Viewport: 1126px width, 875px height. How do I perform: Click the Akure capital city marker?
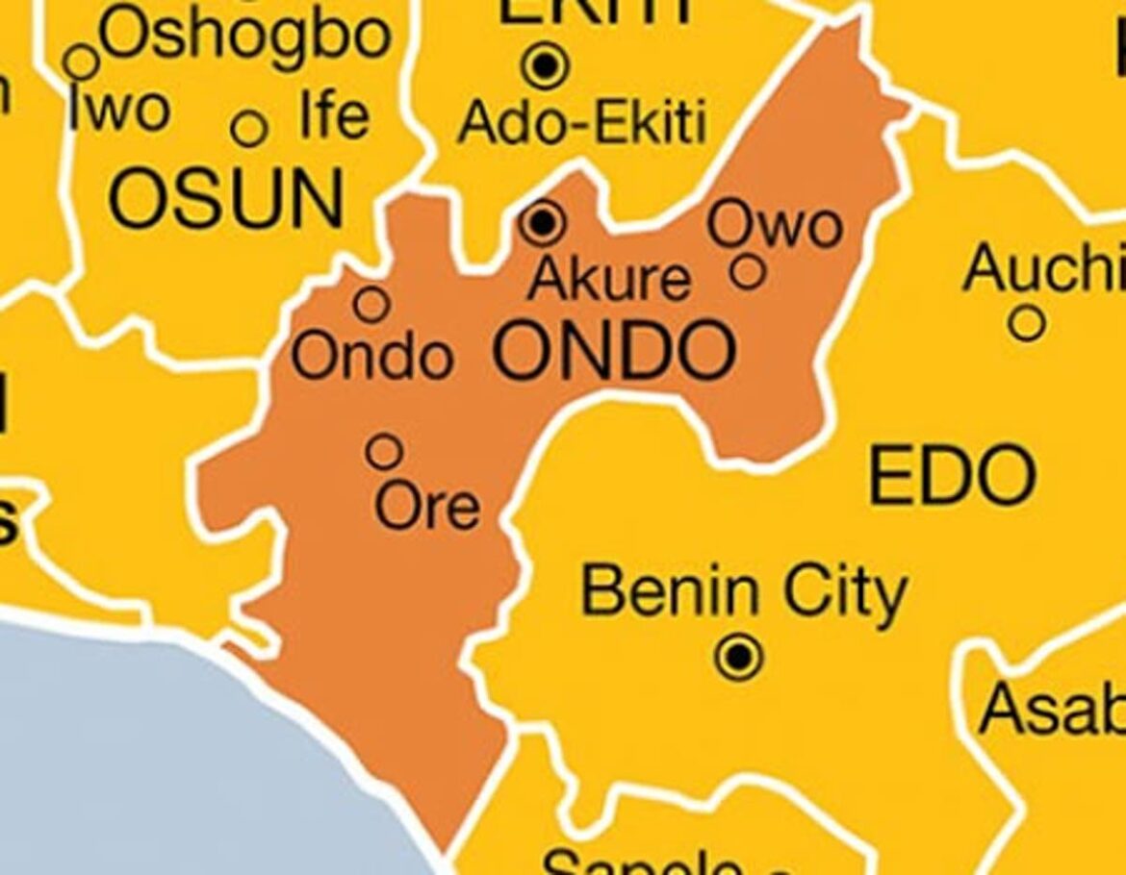(x=543, y=223)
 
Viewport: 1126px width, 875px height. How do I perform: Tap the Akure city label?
(x=609, y=279)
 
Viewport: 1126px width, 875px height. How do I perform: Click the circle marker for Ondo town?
(x=371, y=304)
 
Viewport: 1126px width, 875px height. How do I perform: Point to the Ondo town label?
(x=371, y=357)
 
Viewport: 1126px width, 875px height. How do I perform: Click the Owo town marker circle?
(x=748, y=271)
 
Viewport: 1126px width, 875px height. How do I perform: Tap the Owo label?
(x=775, y=226)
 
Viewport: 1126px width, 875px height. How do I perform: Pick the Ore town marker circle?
(x=385, y=450)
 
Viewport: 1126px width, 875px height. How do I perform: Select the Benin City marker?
(x=739, y=658)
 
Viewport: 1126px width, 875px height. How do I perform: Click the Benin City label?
(x=744, y=593)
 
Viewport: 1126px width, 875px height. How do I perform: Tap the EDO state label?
(x=952, y=476)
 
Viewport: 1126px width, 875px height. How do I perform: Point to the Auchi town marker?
(x=1027, y=323)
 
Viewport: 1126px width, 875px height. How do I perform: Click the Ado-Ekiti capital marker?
(x=546, y=65)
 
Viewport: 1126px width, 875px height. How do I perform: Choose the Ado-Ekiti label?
(x=582, y=122)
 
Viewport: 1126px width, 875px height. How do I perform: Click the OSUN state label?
(x=225, y=199)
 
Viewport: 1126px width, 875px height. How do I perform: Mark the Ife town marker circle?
(x=249, y=128)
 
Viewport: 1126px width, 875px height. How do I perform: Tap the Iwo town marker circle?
(x=82, y=62)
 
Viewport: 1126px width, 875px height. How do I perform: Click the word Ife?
(x=333, y=116)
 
